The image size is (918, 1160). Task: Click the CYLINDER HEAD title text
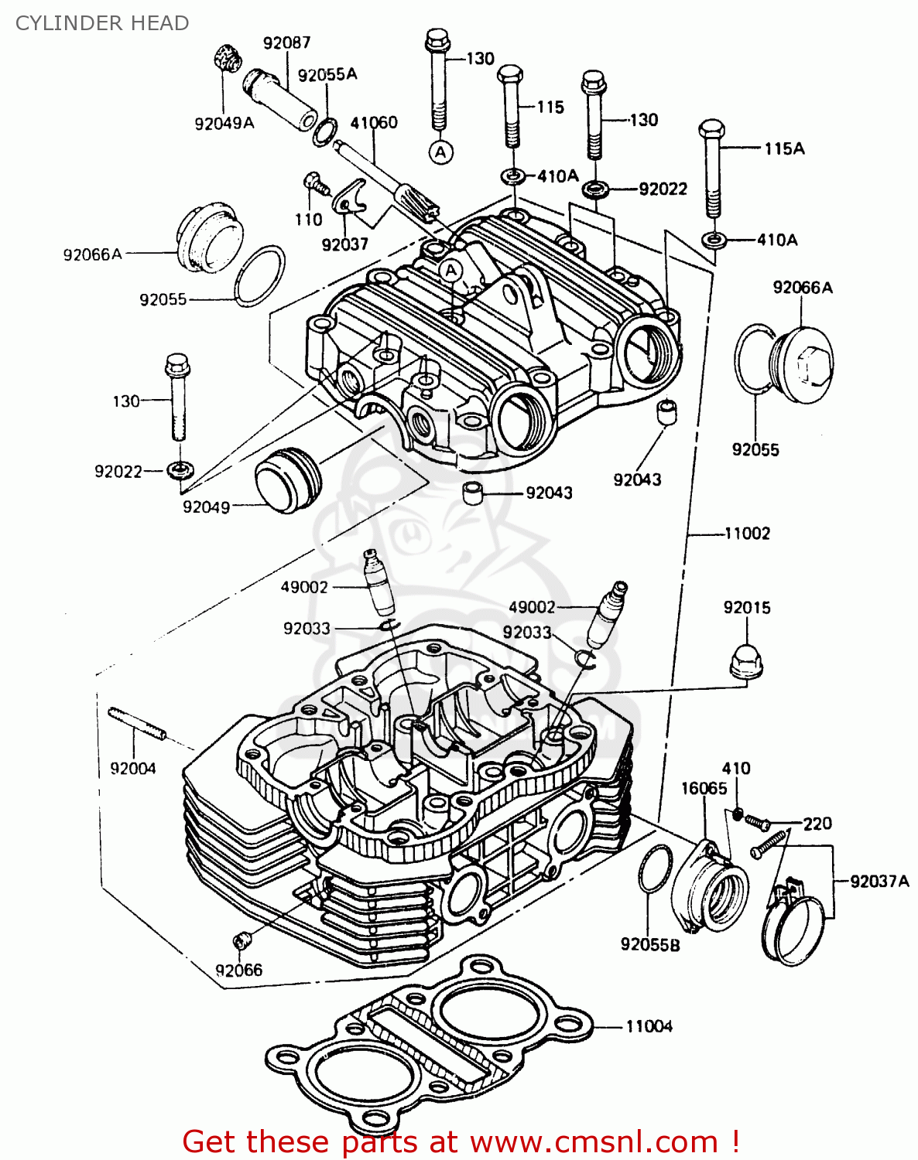(102, 23)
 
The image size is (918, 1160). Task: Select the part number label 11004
(649, 1026)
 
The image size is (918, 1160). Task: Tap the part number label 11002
(747, 533)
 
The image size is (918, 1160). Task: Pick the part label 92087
(286, 43)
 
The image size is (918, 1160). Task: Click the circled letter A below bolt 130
(441, 152)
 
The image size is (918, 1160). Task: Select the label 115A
(784, 148)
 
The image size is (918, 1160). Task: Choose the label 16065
(704, 788)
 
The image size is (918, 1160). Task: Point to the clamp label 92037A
(879, 881)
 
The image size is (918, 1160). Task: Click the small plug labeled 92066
(242, 940)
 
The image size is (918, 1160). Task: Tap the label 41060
(374, 122)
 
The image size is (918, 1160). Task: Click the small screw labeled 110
(314, 182)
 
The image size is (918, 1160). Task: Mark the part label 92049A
(224, 123)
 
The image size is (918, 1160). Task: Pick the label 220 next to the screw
(817, 824)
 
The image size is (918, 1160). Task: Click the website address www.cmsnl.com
(594, 1141)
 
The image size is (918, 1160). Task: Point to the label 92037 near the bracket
(344, 244)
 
